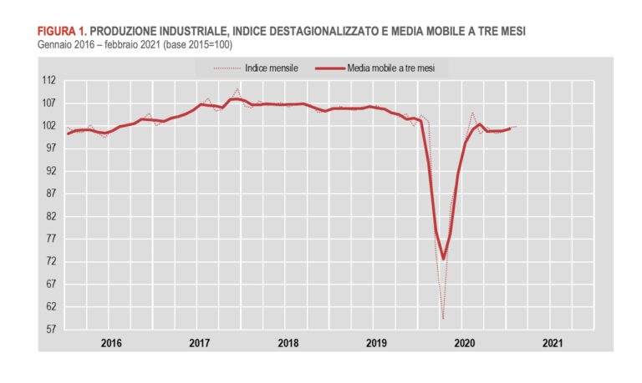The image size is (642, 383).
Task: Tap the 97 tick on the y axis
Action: tap(50, 149)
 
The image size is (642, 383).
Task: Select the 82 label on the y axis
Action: tap(50, 216)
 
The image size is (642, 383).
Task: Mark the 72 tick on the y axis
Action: tap(50, 261)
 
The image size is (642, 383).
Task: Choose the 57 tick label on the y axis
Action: tap(50, 329)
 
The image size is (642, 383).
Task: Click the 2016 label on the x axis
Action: tap(111, 342)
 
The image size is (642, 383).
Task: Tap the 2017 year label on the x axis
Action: tap(199, 342)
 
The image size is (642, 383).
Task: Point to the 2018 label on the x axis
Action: tap(288, 342)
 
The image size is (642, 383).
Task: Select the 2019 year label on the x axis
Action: tap(376, 342)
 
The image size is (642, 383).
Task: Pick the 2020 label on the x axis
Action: tap(464, 342)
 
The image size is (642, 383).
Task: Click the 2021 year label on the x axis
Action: tap(553, 342)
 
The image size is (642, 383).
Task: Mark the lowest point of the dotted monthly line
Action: tap(443, 318)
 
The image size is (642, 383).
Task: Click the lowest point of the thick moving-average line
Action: tap(443, 259)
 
